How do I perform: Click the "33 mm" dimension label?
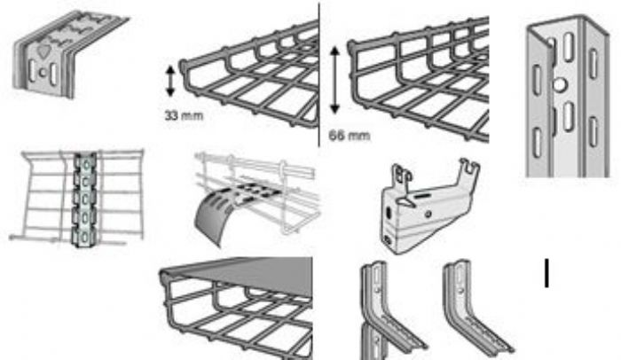pos(185,115)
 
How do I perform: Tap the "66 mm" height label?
pos(350,136)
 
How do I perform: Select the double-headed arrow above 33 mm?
pos(170,82)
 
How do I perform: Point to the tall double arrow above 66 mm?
pos(335,81)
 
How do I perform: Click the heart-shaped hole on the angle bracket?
pos(43,51)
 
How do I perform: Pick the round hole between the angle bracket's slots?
pos(43,73)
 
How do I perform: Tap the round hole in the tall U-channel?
pos(559,84)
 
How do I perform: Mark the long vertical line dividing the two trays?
pos(318,74)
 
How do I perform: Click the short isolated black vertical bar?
pos(547,273)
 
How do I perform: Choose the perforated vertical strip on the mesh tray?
pos(84,200)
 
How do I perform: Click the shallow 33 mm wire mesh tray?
pos(249,75)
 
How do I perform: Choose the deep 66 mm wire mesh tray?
pos(418,79)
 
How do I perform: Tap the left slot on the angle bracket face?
pos(33,71)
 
